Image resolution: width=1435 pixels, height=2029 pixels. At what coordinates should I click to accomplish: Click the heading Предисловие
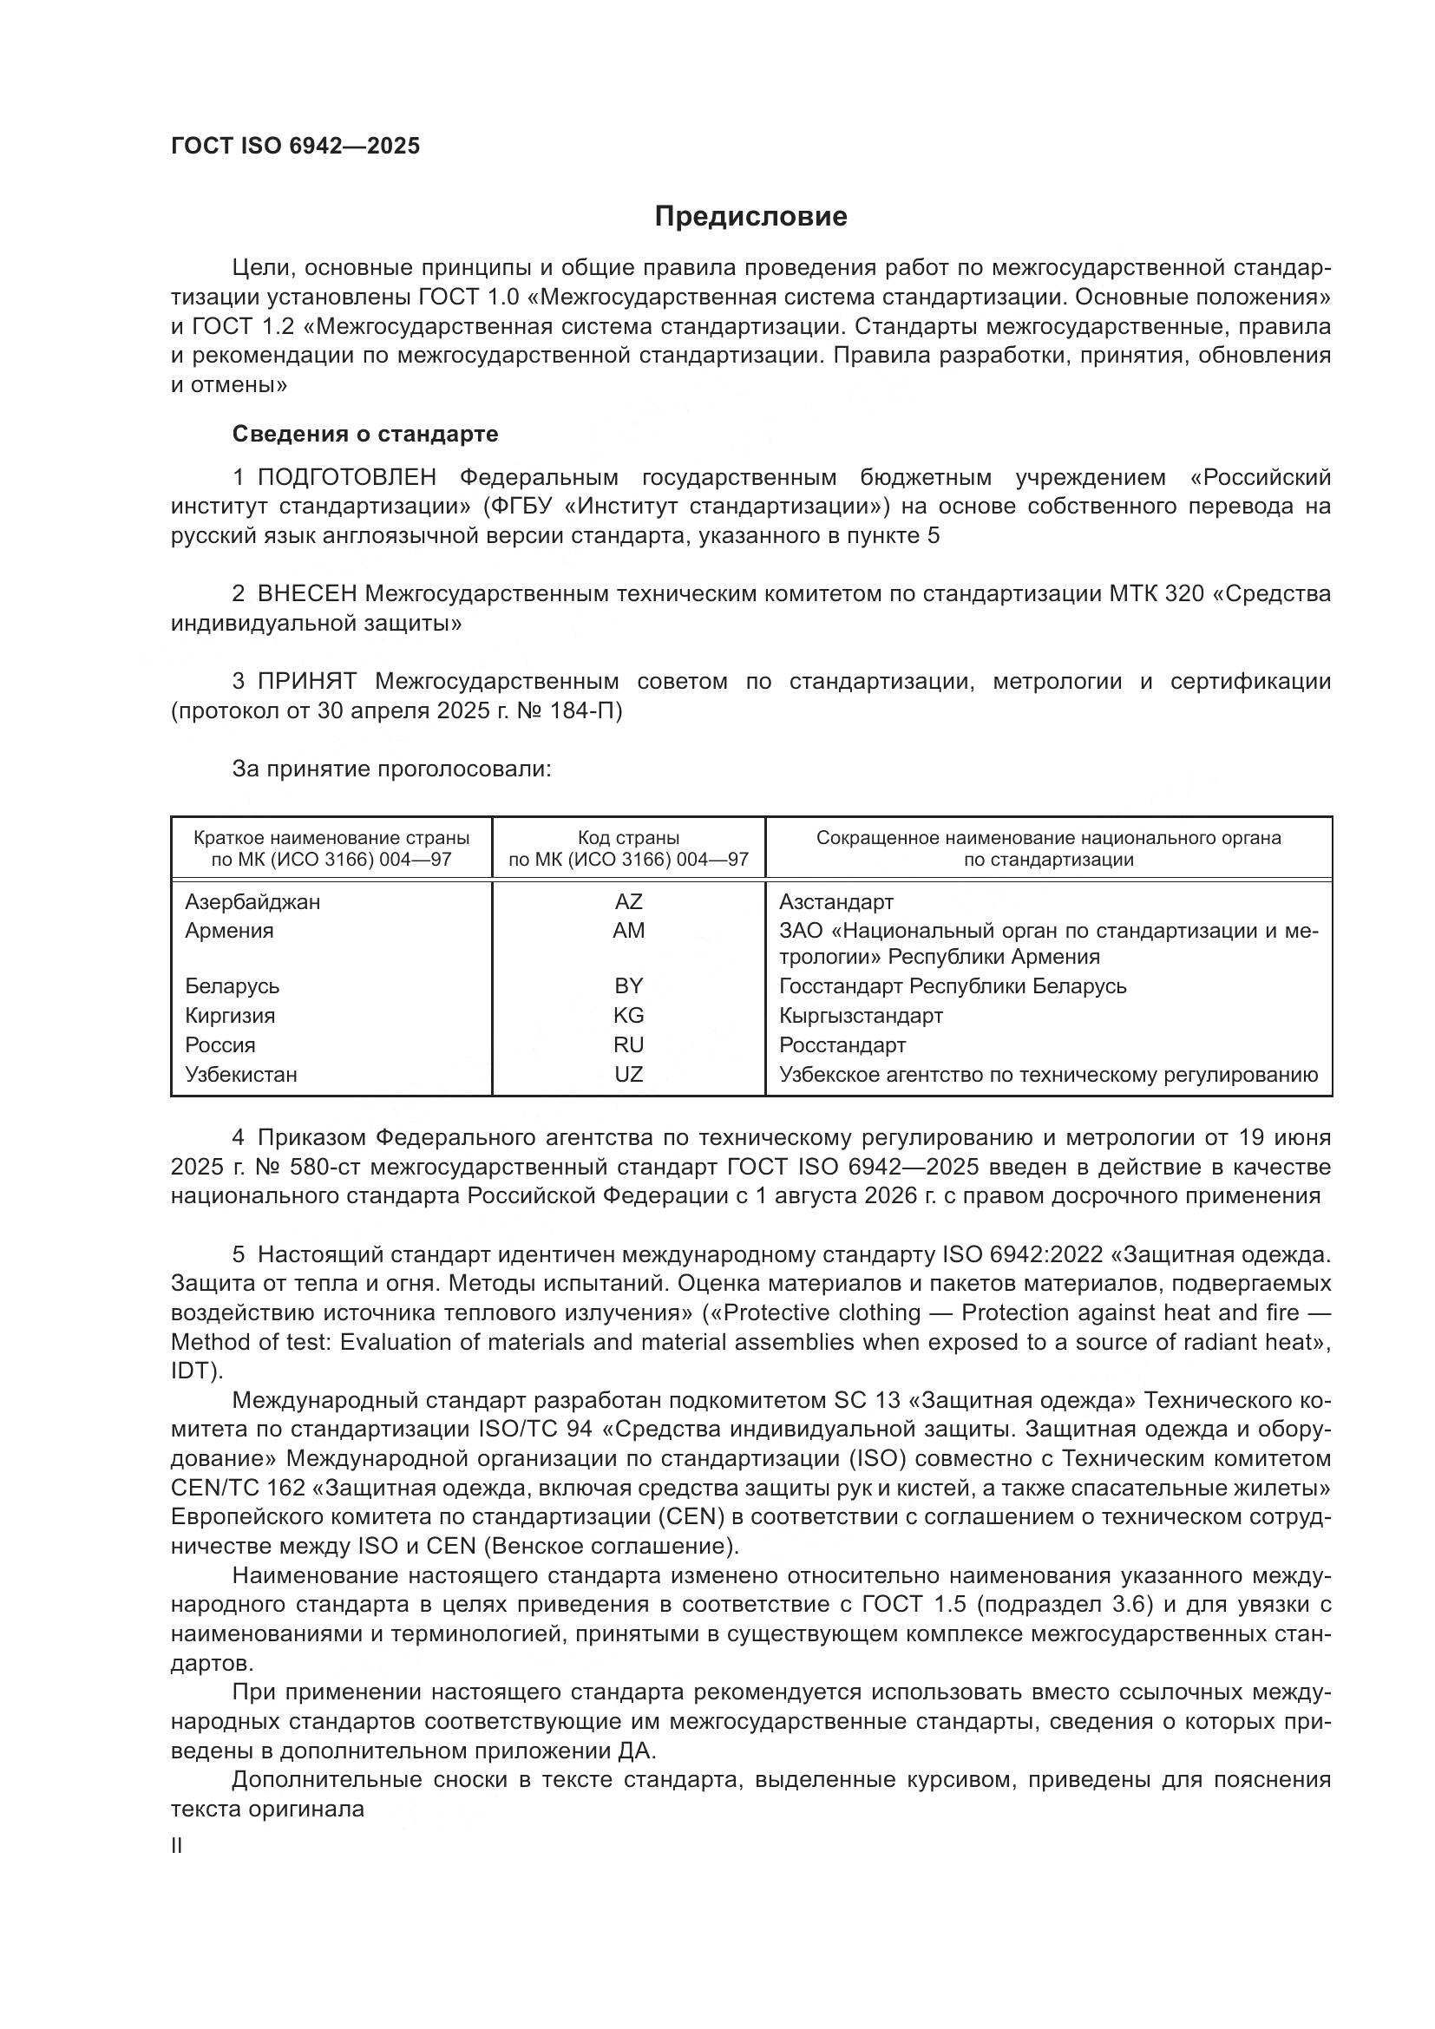(750, 217)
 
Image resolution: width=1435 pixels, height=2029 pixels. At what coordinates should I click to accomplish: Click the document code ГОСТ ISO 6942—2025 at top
(295, 147)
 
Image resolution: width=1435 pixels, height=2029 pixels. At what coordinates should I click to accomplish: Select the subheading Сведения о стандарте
(365, 434)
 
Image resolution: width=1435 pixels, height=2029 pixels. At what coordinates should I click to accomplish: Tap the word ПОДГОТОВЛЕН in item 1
(346, 478)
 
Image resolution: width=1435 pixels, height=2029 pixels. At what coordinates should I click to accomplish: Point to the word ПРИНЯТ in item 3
(306, 681)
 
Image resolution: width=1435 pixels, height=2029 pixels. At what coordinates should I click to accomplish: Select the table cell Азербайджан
(252, 902)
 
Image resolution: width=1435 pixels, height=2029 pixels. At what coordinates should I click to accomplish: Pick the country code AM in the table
(628, 931)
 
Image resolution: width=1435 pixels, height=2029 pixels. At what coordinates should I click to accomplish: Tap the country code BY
(628, 986)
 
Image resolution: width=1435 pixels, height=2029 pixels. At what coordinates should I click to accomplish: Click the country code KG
(628, 1016)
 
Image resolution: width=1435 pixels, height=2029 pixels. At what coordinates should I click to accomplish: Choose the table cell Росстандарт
(842, 1045)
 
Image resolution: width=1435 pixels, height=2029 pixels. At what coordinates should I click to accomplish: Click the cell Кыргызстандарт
(861, 1016)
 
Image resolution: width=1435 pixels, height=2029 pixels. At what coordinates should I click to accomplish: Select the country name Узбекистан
(241, 1075)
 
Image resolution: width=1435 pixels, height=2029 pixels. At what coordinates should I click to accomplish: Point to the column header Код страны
(628, 838)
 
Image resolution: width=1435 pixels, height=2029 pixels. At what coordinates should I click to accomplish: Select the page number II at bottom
(177, 1846)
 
